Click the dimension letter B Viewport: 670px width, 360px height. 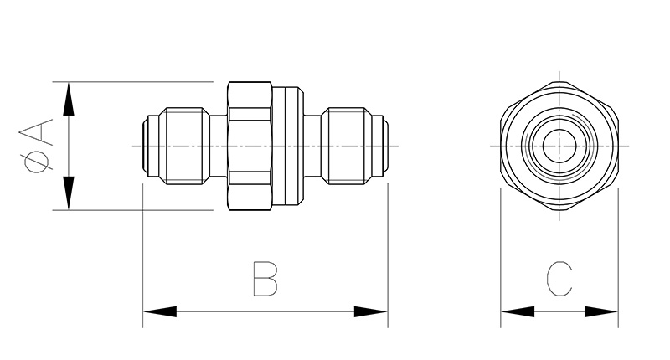265,279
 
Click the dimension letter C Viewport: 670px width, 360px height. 559,279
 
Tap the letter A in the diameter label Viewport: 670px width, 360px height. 39,133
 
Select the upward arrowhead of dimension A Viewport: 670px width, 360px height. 69,99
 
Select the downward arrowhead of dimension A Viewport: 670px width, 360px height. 69,193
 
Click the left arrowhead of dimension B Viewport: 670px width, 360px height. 160,311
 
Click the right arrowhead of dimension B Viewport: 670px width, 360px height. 371,311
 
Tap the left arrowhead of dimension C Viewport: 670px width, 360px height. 518,311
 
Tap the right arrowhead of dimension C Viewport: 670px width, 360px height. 601,311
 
